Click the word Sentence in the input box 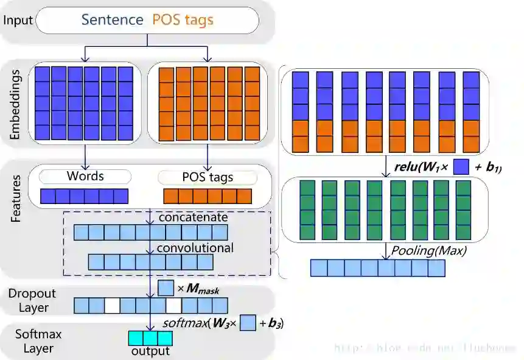click(x=113, y=19)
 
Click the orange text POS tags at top click(x=183, y=19)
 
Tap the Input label click(x=18, y=20)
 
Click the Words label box click(x=85, y=177)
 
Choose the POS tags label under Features click(x=207, y=178)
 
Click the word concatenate click(x=192, y=217)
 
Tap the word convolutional click(x=195, y=248)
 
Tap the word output click(x=150, y=351)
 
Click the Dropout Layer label click(x=32, y=300)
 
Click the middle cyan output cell click(x=150, y=338)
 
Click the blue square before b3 click(x=247, y=323)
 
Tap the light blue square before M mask click(x=166, y=288)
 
